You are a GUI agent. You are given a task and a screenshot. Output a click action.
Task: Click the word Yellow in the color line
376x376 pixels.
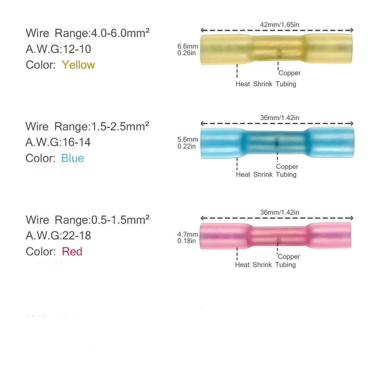click(78, 65)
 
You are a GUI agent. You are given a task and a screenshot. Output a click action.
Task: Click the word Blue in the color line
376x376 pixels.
click(72, 158)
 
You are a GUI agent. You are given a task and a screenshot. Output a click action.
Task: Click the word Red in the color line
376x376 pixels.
click(72, 252)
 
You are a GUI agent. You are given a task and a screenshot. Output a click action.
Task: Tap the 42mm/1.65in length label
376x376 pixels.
click(277, 24)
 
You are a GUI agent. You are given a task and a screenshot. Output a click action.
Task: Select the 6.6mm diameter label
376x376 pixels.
click(188, 47)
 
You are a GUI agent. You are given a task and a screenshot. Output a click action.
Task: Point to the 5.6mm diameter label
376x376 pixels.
click(188, 139)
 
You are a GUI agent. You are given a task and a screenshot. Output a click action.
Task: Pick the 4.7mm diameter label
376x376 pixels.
click(188, 234)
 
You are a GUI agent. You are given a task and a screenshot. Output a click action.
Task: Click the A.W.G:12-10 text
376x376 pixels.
click(58, 49)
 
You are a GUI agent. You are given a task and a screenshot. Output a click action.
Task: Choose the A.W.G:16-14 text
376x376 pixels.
click(58, 142)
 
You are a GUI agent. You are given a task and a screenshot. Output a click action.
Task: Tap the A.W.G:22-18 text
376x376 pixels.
click(58, 236)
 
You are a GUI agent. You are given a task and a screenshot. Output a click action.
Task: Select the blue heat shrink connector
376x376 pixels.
click(277, 143)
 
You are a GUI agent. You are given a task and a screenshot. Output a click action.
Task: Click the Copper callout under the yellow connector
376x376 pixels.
click(290, 73)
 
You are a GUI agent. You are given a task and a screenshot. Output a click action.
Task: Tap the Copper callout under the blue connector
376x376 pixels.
click(287, 167)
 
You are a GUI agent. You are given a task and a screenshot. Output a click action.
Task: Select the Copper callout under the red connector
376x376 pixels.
click(289, 257)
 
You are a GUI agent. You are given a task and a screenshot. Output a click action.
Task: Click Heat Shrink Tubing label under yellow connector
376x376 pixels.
click(266, 84)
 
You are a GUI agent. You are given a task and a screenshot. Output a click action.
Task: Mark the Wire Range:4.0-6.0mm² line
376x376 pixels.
click(87, 33)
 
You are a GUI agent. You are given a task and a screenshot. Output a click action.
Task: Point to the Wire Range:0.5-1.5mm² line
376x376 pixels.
click(87, 220)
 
